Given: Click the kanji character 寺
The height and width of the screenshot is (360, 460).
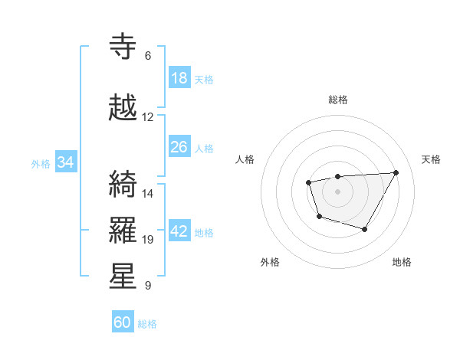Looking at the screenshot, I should pyautogui.click(x=124, y=47).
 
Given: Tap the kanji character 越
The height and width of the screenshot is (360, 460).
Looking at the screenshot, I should pyautogui.click(x=124, y=109).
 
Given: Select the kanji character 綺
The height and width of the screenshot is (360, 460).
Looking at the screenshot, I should pyautogui.click(x=124, y=185).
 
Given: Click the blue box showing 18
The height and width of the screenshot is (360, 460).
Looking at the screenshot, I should pyautogui.click(x=179, y=78).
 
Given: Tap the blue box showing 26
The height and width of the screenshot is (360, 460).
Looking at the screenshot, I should pyautogui.click(x=179, y=147).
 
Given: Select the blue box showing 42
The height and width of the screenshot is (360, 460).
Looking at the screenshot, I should pyautogui.click(x=179, y=232).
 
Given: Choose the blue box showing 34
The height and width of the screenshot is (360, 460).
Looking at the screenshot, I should pyautogui.click(x=66, y=162).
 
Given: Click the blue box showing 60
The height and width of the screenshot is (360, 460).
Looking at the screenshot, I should pyautogui.click(x=123, y=322).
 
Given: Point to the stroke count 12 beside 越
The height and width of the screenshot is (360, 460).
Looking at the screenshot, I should pyautogui.click(x=148, y=117).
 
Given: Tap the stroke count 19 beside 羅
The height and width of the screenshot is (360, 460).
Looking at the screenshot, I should pyautogui.click(x=148, y=240).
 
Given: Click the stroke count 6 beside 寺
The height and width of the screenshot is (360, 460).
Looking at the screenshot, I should pyautogui.click(x=148, y=56).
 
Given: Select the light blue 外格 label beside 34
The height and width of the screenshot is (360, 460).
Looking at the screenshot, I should pyautogui.click(x=41, y=163).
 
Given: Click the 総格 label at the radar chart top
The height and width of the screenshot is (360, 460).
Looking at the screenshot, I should pyautogui.click(x=337, y=100).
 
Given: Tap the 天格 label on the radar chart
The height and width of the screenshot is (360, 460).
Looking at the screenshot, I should pyautogui.click(x=432, y=159).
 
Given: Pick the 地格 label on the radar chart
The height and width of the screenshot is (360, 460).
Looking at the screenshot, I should pyautogui.click(x=402, y=262).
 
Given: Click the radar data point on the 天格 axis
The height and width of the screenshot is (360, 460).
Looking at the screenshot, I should pyautogui.click(x=396, y=172).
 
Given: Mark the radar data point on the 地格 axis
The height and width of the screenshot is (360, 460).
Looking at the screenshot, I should pyautogui.click(x=365, y=229).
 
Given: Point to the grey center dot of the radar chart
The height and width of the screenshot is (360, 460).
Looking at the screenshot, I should pyautogui.click(x=337, y=191).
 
